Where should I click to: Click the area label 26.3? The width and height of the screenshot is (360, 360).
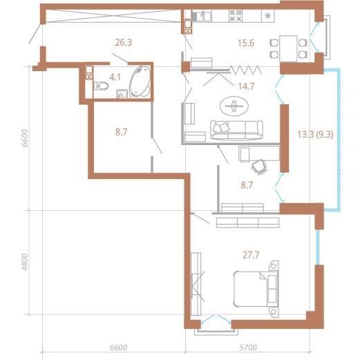coord(124,43)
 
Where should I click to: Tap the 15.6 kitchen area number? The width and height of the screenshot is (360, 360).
coord(246,43)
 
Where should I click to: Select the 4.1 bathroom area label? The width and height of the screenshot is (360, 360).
coord(115,77)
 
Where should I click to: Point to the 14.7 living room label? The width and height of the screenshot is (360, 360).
coord(246,86)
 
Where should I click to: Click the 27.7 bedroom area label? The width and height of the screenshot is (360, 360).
coord(251,255)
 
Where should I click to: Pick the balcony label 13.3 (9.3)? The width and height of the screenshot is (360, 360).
coord(315,134)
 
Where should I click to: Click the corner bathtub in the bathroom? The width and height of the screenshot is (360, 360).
coord(140,82)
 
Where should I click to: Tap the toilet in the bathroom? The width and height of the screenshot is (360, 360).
coord(101,86)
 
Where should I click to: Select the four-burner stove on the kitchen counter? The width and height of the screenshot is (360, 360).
coord(236,16)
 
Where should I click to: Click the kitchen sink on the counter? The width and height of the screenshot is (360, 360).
coord(202,16)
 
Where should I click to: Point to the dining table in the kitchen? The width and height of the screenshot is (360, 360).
coord(288,48)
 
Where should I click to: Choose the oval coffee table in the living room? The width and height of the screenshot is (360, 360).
coord(234,106)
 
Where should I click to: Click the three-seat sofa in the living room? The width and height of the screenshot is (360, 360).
coord(236,130)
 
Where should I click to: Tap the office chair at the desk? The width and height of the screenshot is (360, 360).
coord(259,167)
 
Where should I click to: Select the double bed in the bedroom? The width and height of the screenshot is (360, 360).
coord(256,289)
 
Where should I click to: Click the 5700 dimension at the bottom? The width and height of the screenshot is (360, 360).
coord(247,348)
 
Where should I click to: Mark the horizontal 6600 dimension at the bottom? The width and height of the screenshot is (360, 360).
coord(118,348)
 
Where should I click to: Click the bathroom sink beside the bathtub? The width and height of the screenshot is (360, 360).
coord(122,94)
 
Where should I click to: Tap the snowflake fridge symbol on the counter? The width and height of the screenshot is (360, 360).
coord(268,16)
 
